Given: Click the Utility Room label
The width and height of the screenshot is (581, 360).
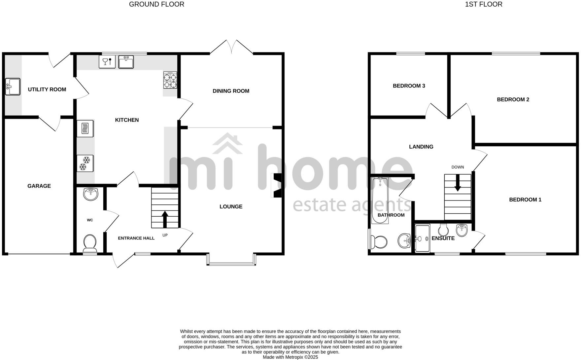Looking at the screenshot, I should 47,90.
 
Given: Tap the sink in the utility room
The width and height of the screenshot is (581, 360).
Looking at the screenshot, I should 13,87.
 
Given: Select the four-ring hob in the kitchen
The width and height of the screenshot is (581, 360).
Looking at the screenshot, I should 170,80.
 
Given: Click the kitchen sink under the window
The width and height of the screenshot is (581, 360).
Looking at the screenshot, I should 126,62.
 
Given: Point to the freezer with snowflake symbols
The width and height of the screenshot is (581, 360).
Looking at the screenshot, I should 85,163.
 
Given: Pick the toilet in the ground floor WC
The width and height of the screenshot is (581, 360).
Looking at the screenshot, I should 90,242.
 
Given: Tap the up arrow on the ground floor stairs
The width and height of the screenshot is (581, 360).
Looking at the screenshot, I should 165,219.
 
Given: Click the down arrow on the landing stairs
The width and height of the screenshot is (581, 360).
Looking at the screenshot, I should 458,183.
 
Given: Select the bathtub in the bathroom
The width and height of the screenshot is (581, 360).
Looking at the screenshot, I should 380,200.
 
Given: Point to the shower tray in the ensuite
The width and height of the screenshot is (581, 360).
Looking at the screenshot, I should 423,238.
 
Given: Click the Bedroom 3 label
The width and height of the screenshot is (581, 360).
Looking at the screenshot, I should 409,86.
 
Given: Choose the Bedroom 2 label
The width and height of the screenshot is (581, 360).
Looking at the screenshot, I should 513,99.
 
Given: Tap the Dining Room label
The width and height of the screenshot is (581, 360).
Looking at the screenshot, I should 231,91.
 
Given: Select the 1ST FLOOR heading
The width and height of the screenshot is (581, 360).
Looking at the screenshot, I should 484,4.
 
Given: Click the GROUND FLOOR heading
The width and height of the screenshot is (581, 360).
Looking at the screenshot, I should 156,4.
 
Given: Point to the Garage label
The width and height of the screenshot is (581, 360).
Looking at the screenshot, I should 39,186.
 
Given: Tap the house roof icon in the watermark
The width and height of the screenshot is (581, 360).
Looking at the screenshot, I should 227,143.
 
